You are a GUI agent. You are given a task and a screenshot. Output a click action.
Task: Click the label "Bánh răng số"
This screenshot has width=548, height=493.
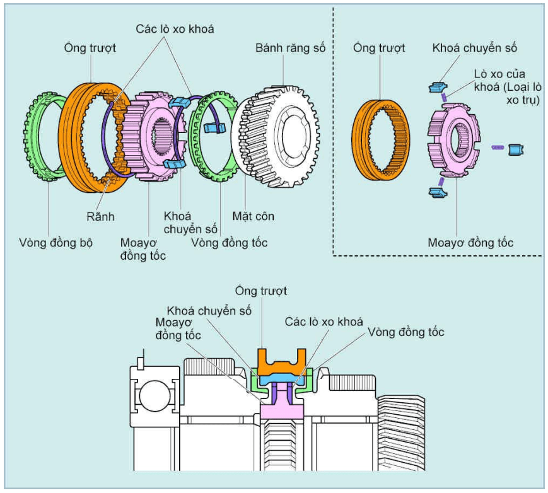tap(291, 48)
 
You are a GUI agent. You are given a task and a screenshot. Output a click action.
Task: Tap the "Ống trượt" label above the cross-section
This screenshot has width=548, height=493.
tap(260, 291)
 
